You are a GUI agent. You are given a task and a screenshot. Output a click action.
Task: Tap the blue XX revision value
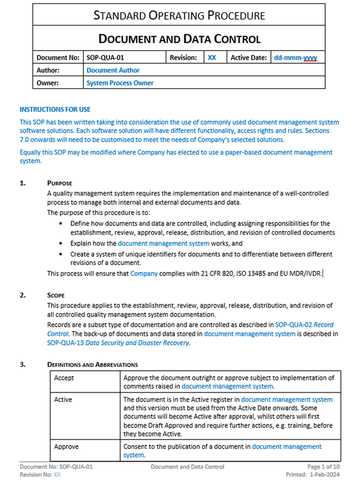(212, 58)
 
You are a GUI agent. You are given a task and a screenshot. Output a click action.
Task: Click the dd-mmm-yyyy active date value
(295, 58)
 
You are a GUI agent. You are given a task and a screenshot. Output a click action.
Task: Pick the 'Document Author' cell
(113, 70)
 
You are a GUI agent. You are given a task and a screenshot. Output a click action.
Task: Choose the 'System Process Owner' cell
(120, 83)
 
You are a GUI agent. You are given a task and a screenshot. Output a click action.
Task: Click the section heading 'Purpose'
(60, 183)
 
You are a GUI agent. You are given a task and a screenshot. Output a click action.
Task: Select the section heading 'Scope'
(57, 295)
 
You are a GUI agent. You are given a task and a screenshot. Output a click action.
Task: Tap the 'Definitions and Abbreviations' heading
(92, 364)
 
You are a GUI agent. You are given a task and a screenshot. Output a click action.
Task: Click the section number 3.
(23, 364)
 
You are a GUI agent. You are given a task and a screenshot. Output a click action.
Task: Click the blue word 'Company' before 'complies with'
(144, 273)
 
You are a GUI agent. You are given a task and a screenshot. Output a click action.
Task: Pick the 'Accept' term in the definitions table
(64, 378)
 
